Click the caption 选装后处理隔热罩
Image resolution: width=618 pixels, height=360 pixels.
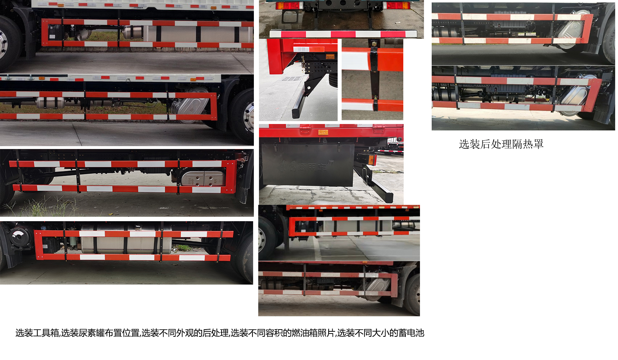(501, 144)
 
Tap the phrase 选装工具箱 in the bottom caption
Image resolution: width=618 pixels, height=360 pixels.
(37, 333)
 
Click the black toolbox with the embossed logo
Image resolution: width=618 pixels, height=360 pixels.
(308, 165)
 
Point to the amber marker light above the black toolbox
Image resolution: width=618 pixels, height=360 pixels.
(323, 133)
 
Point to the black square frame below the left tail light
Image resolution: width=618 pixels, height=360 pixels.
(291, 17)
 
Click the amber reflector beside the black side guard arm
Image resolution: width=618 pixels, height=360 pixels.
(371, 160)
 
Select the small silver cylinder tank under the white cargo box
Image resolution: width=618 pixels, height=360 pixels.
(51, 103)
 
